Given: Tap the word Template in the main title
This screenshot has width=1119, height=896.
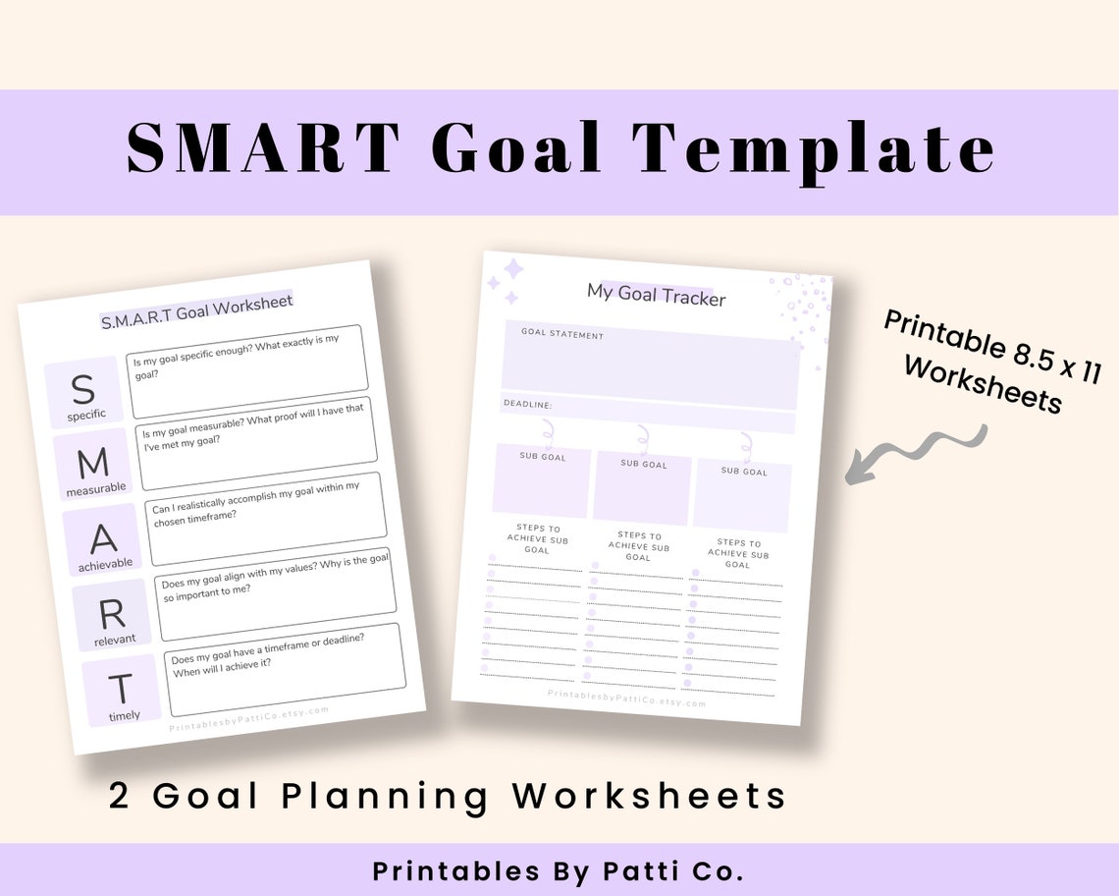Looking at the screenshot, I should (x=813, y=150).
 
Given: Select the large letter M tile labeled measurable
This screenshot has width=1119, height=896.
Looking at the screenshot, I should (x=94, y=466).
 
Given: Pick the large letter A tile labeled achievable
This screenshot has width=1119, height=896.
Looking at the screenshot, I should (x=103, y=541).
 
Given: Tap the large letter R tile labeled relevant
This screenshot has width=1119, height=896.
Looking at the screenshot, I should (x=113, y=616).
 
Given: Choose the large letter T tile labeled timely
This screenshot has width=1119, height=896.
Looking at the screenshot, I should (x=122, y=691).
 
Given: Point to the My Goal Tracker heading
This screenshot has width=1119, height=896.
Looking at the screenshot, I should (x=656, y=293).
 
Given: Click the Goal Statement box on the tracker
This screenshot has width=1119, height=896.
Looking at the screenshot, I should (x=650, y=363).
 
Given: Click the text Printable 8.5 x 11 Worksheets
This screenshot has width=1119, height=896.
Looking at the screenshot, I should (x=991, y=362).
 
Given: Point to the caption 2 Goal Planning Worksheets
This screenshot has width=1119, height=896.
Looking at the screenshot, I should (x=448, y=795).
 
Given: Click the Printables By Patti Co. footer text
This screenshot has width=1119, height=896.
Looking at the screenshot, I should (x=558, y=871).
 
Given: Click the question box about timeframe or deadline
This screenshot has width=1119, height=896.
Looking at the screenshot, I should (x=284, y=668).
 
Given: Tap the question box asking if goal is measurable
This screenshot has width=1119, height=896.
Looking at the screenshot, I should (x=256, y=443).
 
